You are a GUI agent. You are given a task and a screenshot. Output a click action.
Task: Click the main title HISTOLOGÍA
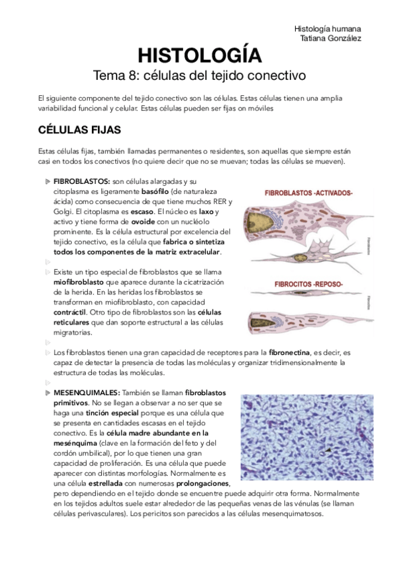(199, 55)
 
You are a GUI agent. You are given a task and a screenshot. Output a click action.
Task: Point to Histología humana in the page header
(327, 29)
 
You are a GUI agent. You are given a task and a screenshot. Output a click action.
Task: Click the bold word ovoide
(143, 221)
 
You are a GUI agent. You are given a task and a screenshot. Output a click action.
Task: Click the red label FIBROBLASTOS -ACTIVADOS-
(308, 193)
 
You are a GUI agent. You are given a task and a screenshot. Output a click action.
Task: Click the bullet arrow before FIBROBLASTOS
(47, 182)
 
